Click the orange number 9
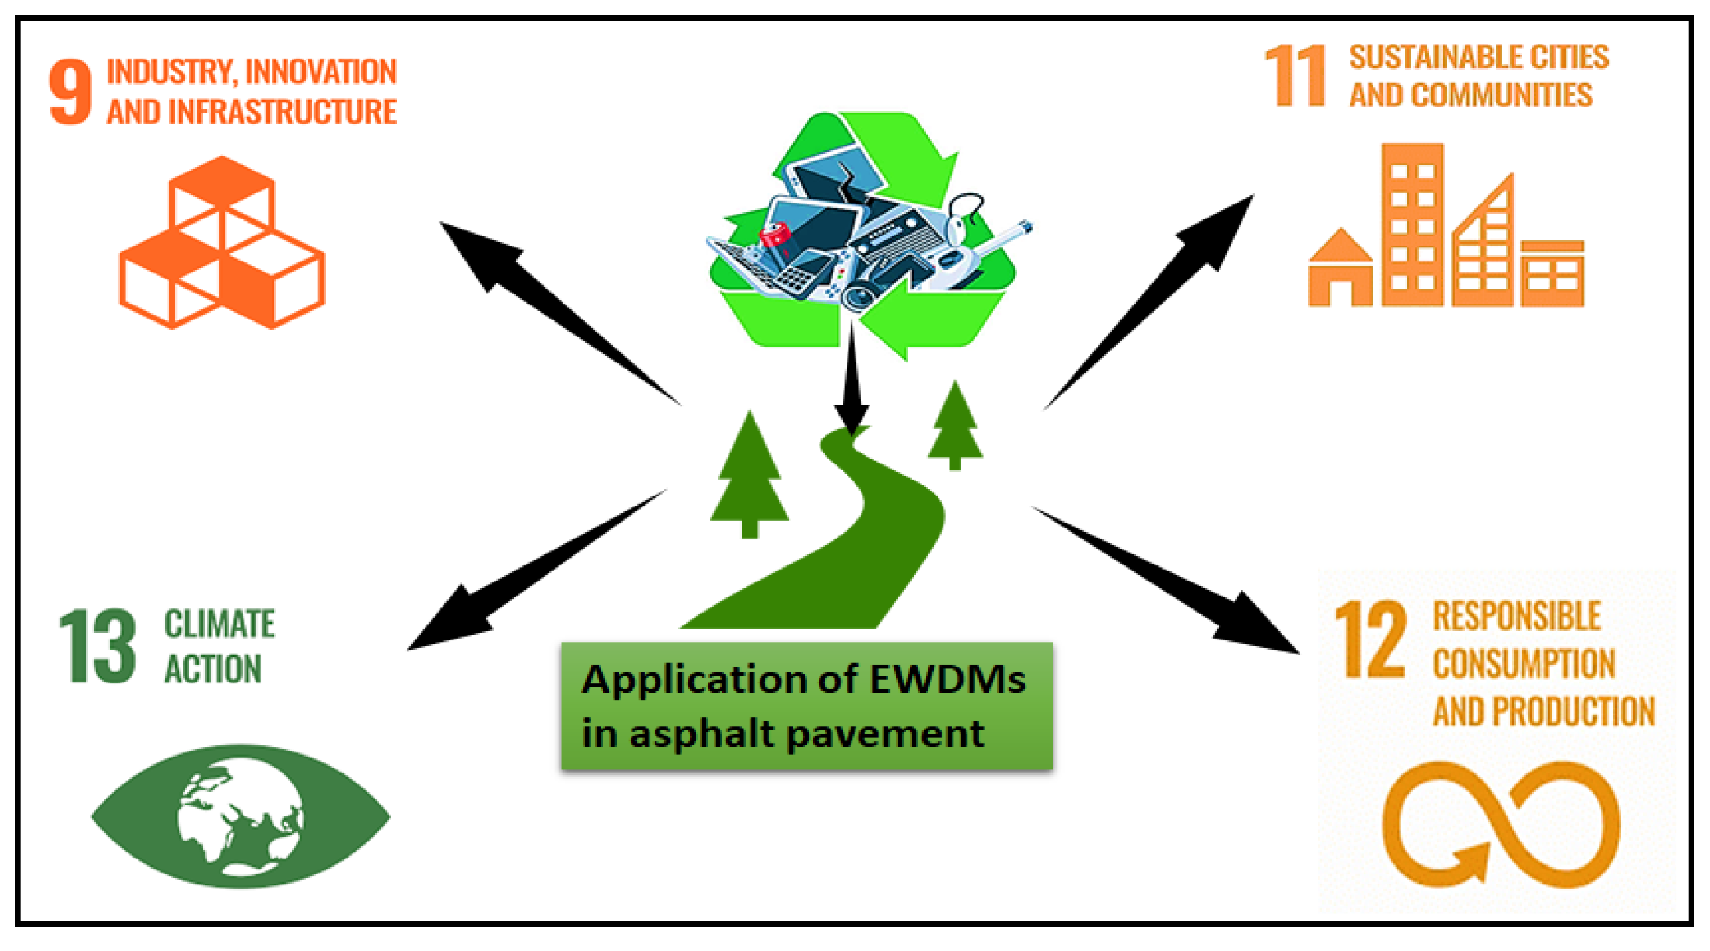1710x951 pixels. [x=70, y=92]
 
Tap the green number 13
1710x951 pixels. [x=97, y=646]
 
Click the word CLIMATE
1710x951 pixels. [x=219, y=624]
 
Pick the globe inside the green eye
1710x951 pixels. [x=240, y=818]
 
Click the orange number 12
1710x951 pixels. [x=1370, y=640]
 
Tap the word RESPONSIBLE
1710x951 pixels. [x=1517, y=615]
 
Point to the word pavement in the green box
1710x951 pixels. [x=886, y=734]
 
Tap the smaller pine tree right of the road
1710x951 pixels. [x=955, y=425]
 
